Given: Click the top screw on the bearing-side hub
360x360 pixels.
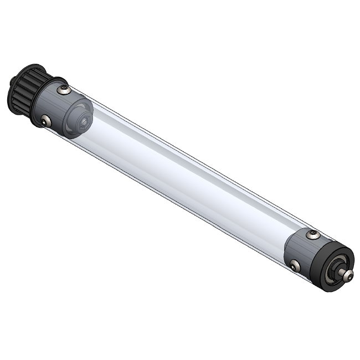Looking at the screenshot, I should point(312,235).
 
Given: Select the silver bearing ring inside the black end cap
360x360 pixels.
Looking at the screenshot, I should point(335,272).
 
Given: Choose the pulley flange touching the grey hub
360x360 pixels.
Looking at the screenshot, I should point(37,100).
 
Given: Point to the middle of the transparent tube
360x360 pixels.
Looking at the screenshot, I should point(188,177).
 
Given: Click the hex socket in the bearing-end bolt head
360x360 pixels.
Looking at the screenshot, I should point(348,275).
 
